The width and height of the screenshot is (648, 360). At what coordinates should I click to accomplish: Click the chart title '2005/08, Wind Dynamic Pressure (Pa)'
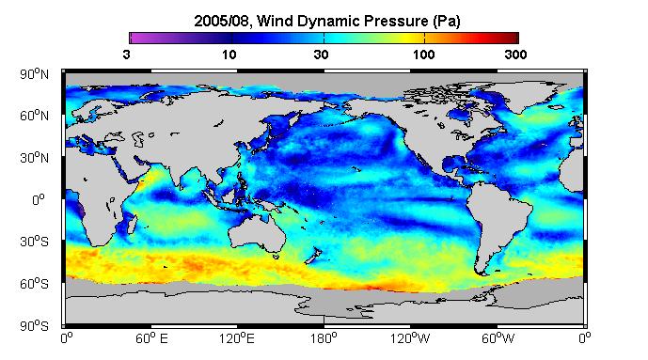click(x=327, y=21)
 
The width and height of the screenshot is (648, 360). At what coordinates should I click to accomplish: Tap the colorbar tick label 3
click(x=126, y=55)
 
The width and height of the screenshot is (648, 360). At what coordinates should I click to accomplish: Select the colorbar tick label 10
click(x=229, y=55)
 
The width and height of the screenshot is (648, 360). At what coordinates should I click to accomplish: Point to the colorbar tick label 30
click(x=321, y=55)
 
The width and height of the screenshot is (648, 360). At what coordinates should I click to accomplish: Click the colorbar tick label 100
click(x=423, y=55)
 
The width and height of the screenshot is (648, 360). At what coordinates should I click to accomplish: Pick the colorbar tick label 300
click(x=515, y=55)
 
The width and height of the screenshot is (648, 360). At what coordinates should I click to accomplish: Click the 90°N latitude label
click(x=34, y=74)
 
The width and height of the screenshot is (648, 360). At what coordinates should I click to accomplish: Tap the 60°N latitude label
click(x=34, y=116)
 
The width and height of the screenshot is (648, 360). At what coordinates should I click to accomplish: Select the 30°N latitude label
click(x=34, y=158)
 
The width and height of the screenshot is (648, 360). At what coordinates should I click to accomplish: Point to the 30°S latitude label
click(x=34, y=242)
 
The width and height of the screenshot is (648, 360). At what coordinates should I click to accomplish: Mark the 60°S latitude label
click(x=34, y=284)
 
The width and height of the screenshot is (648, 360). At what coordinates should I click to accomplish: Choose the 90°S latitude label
click(x=34, y=326)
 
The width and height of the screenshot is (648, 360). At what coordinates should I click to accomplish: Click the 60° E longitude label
click(x=151, y=338)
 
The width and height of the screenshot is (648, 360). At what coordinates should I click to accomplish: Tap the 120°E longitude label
click(x=237, y=338)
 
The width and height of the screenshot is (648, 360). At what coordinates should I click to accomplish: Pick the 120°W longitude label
click(x=410, y=338)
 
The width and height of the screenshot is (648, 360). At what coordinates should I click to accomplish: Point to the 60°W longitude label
click(x=498, y=338)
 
